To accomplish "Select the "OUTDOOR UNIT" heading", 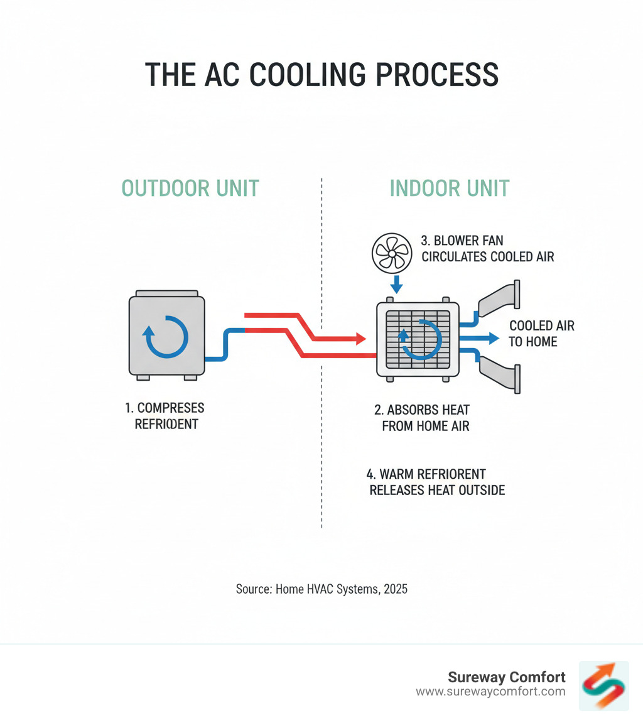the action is click(190, 188).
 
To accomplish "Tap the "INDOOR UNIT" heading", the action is click(450, 188).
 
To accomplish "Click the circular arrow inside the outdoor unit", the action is click(166, 337).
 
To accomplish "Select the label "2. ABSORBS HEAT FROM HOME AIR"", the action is click(422, 418).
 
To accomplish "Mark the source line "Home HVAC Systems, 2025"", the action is click(321, 589).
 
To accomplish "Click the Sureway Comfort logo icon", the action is click(603, 685).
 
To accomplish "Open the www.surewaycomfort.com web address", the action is click(490, 692).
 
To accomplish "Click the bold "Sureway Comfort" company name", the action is click(506, 677).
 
